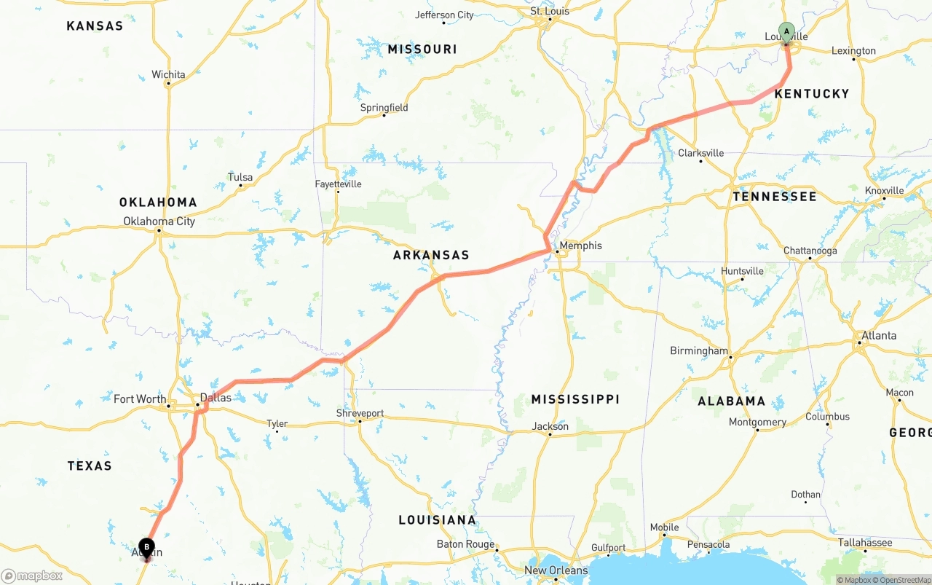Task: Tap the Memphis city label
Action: click(x=580, y=246)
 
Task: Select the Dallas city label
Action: click(x=216, y=398)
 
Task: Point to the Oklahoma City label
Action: click(x=159, y=221)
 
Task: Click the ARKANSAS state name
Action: click(x=431, y=255)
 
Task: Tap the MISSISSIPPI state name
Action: click(x=575, y=399)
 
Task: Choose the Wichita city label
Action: click(x=168, y=74)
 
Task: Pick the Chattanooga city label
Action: click(x=810, y=251)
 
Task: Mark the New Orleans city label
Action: click(x=556, y=570)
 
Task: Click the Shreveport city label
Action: click(x=360, y=413)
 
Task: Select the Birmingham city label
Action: click(x=698, y=351)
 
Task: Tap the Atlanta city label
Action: click(x=879, y=336)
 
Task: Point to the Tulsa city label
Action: click(x=240, y=177)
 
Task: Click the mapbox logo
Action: click(x=32, y=576)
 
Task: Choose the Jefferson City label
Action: click(x=444, y=15)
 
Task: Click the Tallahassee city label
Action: click(x=864, y=543)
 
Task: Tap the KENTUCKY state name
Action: click(x=811, y=93)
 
